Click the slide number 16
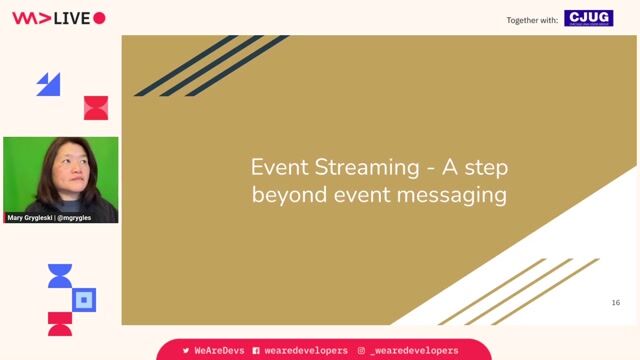(x=615, y=302)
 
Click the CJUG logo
(x=588, y=18)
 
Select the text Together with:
(x=532, y=19)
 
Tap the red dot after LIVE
(x=99, y=18)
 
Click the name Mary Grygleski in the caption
(x=33, y=217)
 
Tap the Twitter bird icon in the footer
(x=186, y=351)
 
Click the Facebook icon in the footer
(x=256, y=351)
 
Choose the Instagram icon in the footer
(x=361, y=351)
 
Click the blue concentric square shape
(x=85, y=299)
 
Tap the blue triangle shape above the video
(x=49, y=84)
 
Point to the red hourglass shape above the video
(x=95, y=108)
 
